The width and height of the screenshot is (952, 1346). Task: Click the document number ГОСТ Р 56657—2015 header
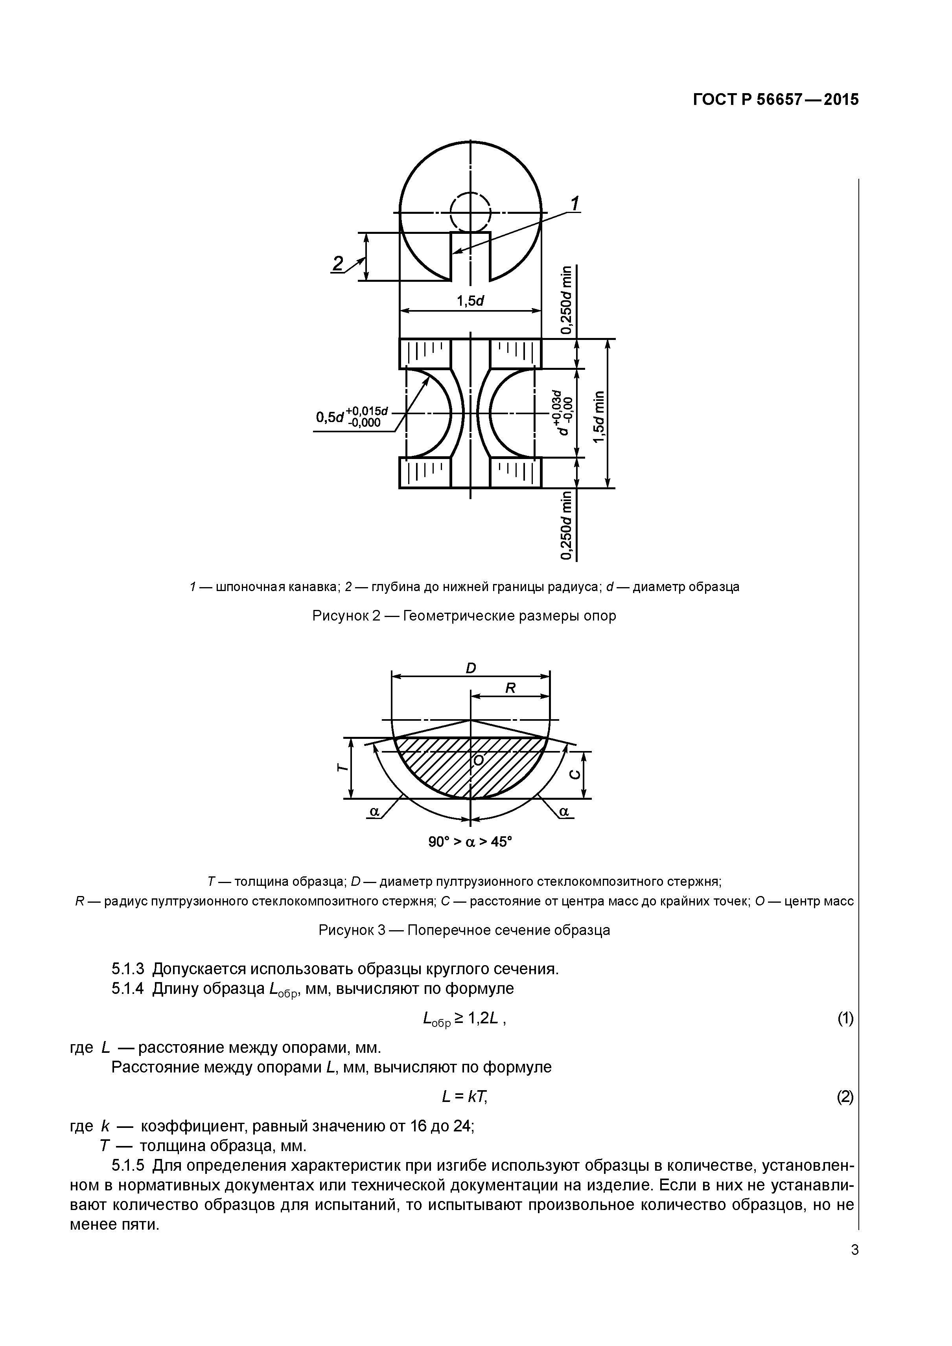coord(775,100)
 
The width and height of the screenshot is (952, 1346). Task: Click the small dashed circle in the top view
coord(470,212)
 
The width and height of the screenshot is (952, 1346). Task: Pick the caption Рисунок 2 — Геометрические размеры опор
coord(464,616)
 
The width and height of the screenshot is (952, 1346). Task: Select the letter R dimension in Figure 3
coord(510,688)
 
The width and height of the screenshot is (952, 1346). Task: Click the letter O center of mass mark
coord(478,760)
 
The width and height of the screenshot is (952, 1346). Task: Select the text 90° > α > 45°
coord(470,842)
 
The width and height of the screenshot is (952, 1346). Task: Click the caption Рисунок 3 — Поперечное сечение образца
coord(464,930)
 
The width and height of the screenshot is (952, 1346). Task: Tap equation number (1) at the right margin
coord(845,1019)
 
